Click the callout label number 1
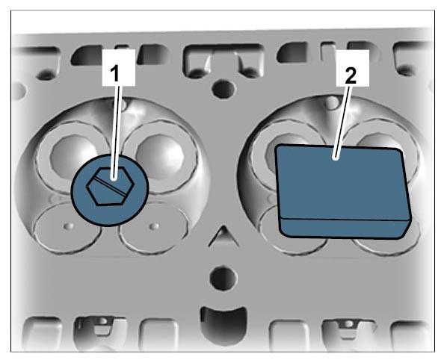pos(114,73)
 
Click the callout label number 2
pos(351,75)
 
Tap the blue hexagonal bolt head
pos(110,185)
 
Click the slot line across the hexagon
pos(110,186)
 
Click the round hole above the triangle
pos(223,89)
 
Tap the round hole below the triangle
pos(223,277)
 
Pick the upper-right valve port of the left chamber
pos(160,155)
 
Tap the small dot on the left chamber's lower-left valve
pos(69,226)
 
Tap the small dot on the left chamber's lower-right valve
pos(154,226)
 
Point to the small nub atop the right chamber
pos(332,102)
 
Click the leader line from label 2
pos(342,122)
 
